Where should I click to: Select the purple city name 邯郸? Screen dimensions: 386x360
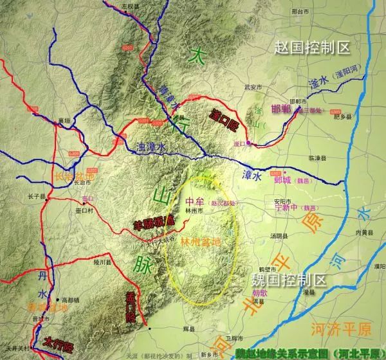click(282, 108)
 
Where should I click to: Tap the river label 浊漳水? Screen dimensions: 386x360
click(152, 147)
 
